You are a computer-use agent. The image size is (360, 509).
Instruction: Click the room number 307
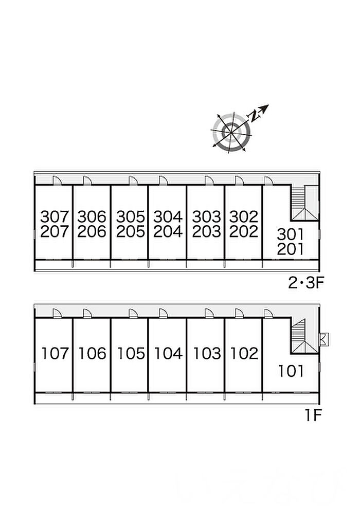click(54, 215)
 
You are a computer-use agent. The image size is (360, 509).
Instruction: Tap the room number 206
click(92, 232)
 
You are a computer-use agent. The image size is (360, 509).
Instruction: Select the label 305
click(130, 215)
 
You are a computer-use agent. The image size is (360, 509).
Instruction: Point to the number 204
click(168, 232)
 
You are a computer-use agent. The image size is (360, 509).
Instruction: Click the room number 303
click(206, 215)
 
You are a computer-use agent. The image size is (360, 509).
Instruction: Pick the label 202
click(244, 232)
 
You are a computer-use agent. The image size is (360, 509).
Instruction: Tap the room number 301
click(291, 234)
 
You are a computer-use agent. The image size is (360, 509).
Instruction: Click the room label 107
click(54, 354)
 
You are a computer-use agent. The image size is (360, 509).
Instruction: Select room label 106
click(92, 354)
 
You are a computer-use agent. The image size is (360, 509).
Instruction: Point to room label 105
click(130, 354)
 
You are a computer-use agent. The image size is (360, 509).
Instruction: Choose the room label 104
click(168, 354)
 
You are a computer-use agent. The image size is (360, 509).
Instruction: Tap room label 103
click(206, 354)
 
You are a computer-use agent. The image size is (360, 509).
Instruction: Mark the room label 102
click(244, 354)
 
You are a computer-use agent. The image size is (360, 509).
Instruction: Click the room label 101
click(291, 371)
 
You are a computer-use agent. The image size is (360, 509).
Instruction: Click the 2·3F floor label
click(305, 282)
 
